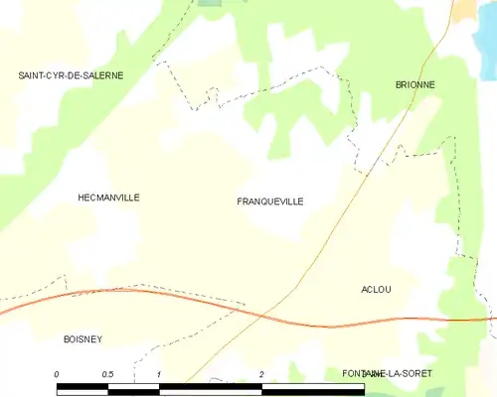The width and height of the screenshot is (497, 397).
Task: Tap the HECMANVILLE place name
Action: pyautogui.click(x=108, y=198)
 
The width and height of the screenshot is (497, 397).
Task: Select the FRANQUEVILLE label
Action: pyautogui.click(x=270, y=201)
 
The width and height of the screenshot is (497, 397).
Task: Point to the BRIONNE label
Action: pyautogui.click(x=414, y=85)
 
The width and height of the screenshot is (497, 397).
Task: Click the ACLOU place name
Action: pyautogui.click(x=376, y=289)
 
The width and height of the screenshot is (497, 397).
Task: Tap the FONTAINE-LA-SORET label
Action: pyautogui.click(x=387, y=372)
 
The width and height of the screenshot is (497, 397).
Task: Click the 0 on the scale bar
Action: pyautogui.click(x=57, y=373)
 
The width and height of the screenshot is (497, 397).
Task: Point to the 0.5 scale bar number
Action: pyautogui.click(x=107, y=373)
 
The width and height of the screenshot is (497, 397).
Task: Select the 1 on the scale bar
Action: pyautogui.click(x=159, y=373)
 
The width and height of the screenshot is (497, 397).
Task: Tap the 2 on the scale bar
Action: pyautogui.click(x=261, y=373)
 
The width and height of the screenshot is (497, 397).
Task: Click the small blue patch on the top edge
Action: pyautogui.click(x=211, y=3)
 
